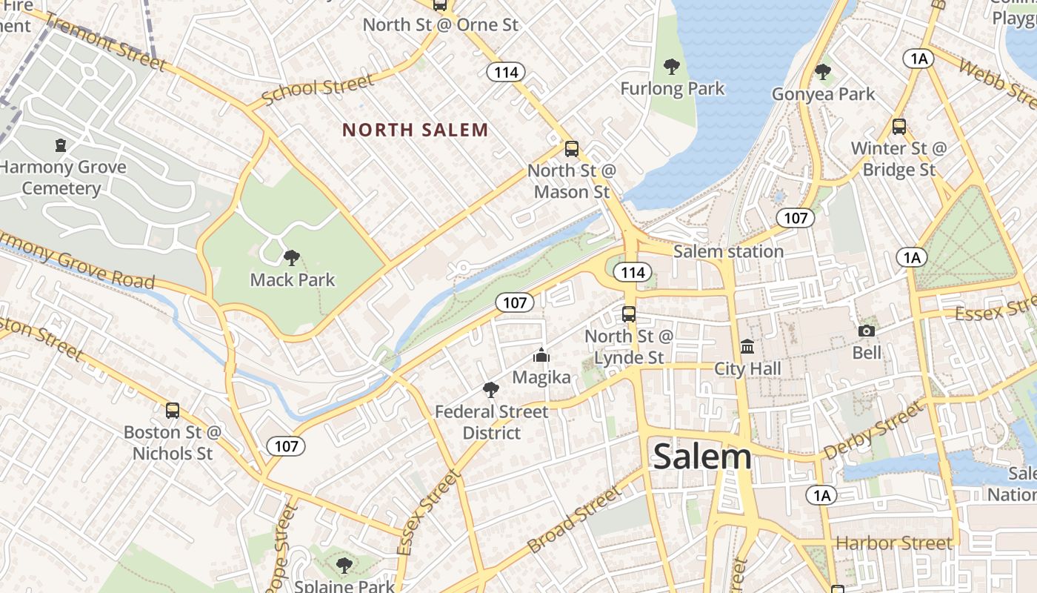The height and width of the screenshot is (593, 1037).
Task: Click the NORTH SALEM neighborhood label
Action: click(x=415, y=130)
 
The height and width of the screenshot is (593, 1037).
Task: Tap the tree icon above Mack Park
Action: click(x=292, y=257)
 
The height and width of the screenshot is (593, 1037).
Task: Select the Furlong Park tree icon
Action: click(x=672, y=67)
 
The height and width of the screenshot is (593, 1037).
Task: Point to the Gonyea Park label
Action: click(x=823, y=94)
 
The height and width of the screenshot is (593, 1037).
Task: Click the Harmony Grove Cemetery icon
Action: click(x=61, y=145)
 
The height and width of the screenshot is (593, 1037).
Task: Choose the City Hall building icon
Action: click(x=747, y=346)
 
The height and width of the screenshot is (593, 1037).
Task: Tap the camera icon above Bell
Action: click(x=866, y=331)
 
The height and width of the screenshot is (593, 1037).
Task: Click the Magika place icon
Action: click(x=541, y=356)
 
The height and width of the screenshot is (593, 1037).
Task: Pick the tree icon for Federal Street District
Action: click(x=490, y=390)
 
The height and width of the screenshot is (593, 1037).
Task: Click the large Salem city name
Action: click(x=701, y=456)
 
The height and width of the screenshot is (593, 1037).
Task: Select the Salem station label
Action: click(x=728, y=251)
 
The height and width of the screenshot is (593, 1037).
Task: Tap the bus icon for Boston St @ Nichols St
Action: click(x=173, y=410)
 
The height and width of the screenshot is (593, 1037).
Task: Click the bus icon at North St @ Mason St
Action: click(x=571, y=148)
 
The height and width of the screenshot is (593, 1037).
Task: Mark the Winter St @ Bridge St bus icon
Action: click(x=898, y=126)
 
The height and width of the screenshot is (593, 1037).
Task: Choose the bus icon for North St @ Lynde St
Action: click(x=629, y=314)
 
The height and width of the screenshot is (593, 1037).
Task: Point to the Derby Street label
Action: click(x=874, y=430)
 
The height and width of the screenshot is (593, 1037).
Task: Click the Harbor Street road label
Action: click(x=894, y=543)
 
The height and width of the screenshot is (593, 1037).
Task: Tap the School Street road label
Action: click(x=318, y=90)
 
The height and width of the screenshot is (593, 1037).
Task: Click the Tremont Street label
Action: click(x=105, y=42)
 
